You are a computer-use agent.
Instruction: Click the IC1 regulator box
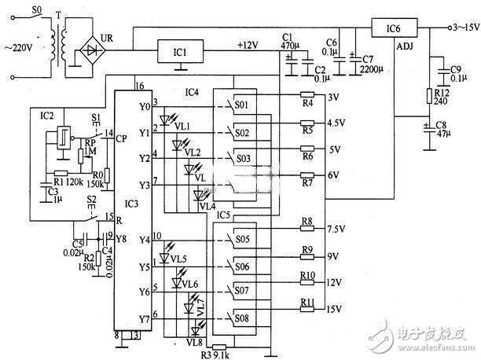(182, 52)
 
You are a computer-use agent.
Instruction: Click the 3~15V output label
(461, 28)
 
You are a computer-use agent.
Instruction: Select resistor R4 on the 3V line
(307, 101)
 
